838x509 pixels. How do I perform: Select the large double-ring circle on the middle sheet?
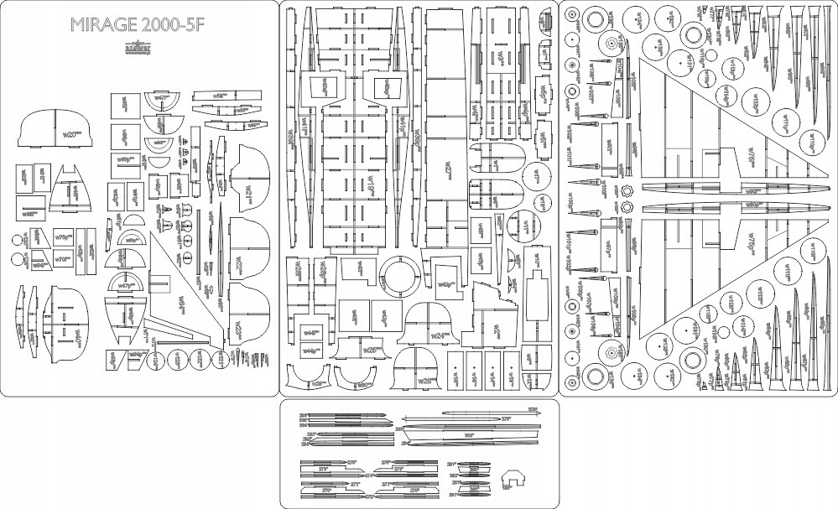pos(402,277)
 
